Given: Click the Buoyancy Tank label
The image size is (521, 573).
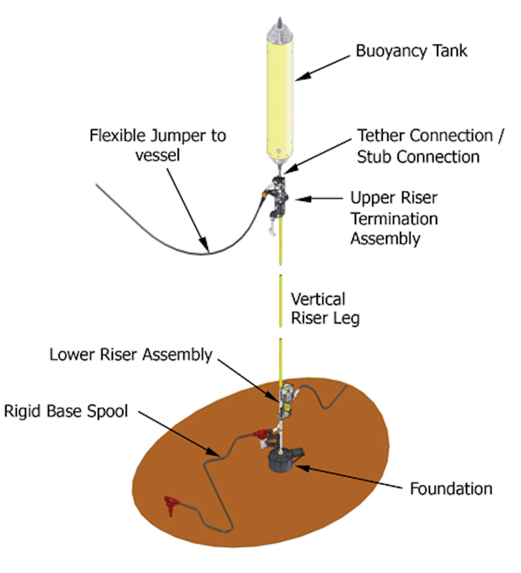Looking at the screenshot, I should (411, 51).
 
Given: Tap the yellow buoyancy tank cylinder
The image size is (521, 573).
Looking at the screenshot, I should (279, 98).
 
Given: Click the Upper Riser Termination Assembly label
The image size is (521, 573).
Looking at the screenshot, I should (394, 218).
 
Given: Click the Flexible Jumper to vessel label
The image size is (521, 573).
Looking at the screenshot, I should (158, 145).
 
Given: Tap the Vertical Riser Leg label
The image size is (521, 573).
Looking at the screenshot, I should (325, 309).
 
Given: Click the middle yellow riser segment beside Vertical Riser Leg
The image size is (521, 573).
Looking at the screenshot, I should (280, 300).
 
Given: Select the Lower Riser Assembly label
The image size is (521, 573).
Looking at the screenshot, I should (131, 355).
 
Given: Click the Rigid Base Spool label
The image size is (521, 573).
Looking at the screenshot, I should (66, 411).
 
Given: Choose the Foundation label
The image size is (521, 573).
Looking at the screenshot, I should (451, 489).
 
